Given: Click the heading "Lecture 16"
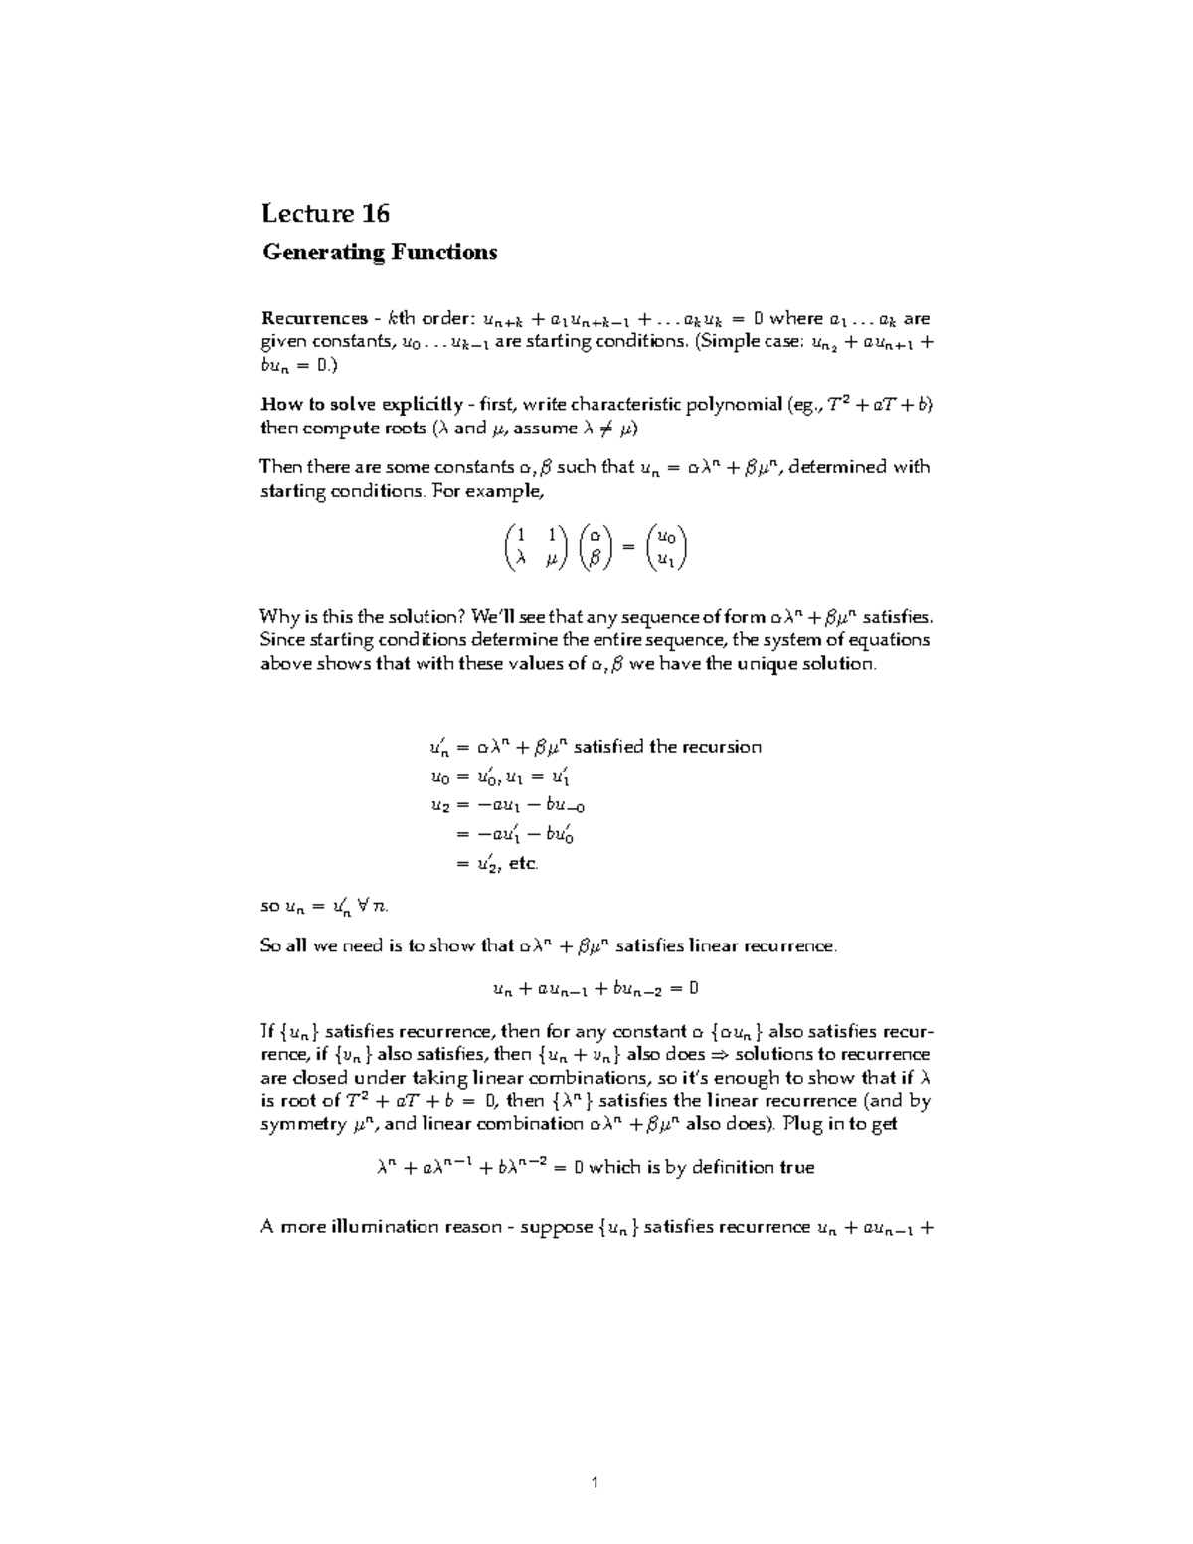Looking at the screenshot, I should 325,214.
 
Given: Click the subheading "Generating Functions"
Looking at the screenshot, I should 379,253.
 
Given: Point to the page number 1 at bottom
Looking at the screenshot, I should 595,1483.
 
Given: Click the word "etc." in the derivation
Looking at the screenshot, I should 523,864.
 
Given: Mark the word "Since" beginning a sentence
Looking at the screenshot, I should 281,640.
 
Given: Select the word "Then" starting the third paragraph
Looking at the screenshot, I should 279,467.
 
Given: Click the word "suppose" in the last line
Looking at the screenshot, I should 556,1227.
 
